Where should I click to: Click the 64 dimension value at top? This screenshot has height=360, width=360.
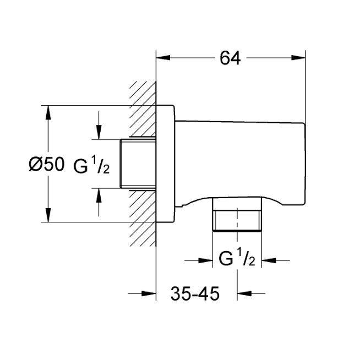point(230,58)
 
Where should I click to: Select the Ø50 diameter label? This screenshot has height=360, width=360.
point(47,164)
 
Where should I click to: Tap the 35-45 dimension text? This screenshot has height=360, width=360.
point(195,293)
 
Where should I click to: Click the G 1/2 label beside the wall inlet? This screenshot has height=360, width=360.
point(91,165)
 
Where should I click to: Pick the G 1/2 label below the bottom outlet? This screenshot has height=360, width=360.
point(237,258)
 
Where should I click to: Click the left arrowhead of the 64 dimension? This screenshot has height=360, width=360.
point(163,57)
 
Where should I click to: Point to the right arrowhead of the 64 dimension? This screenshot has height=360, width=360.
point(298,57)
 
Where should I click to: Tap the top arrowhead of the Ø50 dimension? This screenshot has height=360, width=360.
point(48,112)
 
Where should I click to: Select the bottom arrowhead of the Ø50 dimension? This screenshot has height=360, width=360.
point(48,215)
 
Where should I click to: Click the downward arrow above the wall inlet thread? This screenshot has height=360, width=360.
point(99,125)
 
